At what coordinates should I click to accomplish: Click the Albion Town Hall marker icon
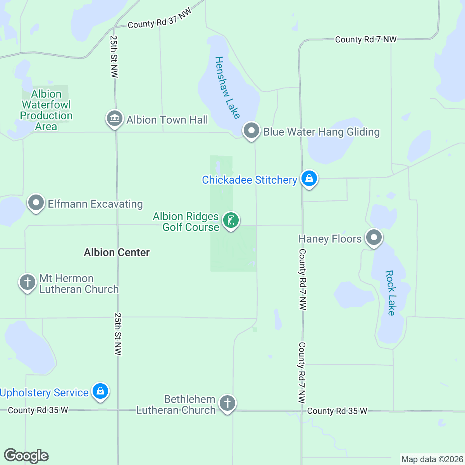point(115,119)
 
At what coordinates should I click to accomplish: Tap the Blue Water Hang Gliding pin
point(251,130)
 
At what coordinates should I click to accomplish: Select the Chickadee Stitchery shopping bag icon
point(309,179)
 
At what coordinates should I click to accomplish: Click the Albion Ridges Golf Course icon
point(231,220)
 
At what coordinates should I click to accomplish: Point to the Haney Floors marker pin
point(374,237)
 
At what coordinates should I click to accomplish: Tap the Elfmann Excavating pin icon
point(36,203)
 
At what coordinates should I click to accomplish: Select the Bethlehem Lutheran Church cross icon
point(227,403)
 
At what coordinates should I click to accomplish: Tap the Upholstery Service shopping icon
point(100,391)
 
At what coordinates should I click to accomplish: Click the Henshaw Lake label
point(227,87)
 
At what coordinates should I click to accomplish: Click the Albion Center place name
point(117,253)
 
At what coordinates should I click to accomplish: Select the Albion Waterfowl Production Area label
point(46,110)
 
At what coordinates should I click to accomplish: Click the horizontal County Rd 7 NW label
point(365,40)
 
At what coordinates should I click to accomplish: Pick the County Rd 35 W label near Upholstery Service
point(38,410)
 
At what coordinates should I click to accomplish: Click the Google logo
point(26,456)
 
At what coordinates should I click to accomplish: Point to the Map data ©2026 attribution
point(432,460)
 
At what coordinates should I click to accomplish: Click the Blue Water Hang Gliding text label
point(321,132)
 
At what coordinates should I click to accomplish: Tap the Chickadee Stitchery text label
point(250,180)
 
